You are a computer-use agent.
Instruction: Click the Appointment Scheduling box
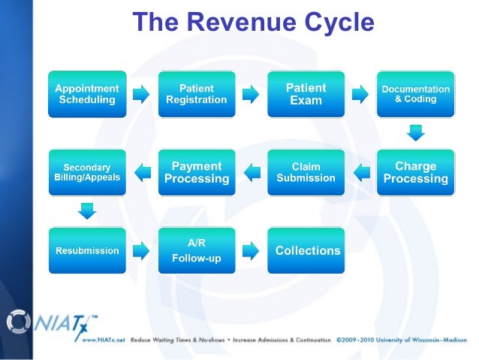click(87, 94)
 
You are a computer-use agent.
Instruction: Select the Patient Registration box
click(196, 94)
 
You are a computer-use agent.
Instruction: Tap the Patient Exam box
click(306, 94)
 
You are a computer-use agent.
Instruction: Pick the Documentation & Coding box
click(415, 94)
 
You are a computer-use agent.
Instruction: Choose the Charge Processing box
click(415, 173)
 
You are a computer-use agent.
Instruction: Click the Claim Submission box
click(306, 173)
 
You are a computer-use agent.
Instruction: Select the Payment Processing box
click(196, 173)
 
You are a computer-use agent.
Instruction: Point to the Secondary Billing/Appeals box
click(87, 173)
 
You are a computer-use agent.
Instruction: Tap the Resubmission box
click(87, 250)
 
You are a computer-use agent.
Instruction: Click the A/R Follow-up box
click(196, 250)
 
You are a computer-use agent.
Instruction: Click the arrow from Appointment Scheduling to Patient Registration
click(141, 94)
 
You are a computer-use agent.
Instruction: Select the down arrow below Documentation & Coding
click(415, 133)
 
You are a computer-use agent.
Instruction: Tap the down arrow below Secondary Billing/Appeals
click(87, 211)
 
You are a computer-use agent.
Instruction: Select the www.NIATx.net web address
click(103, 340)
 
